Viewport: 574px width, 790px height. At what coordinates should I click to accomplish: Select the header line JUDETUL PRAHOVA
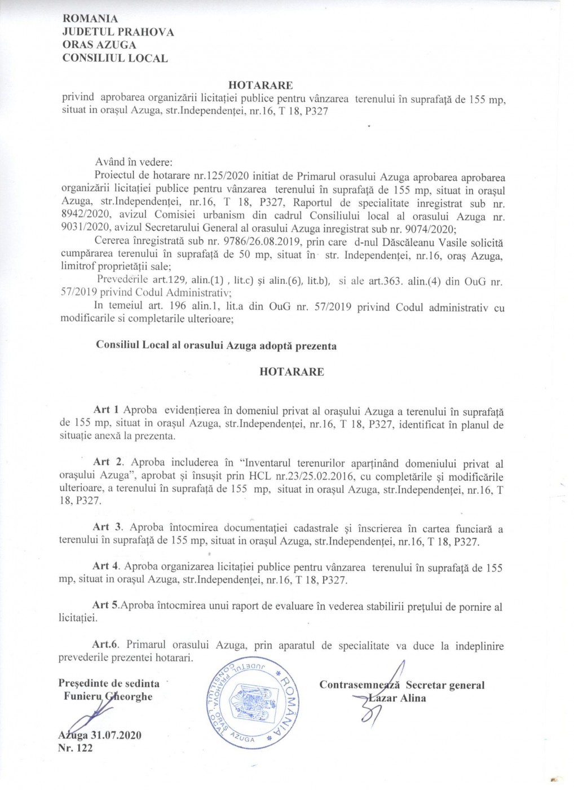(118, 32)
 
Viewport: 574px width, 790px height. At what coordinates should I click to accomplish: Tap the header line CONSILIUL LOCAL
(114, 58)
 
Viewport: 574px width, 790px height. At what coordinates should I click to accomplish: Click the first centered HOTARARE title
(260, 85)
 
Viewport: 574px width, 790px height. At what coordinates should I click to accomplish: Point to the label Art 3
(108, 527)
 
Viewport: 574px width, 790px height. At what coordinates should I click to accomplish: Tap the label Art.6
(107, 644)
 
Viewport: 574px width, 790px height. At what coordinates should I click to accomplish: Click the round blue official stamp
(248, 702)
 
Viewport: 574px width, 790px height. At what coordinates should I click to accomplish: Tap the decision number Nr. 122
(76, 748)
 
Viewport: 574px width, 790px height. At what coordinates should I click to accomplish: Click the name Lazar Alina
(396, 698)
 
